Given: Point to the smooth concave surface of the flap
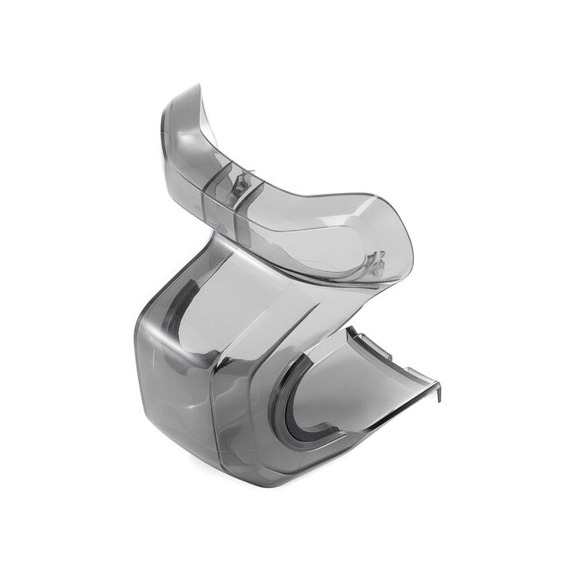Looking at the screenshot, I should (361, 386).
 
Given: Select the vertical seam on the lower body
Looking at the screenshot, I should (215, 394).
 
